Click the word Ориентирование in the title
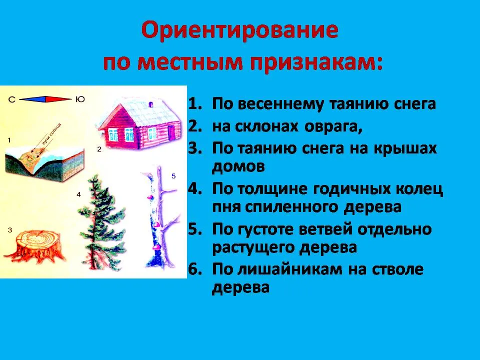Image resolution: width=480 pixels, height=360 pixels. pos(239,31)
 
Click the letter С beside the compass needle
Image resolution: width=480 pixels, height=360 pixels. pos(11,99)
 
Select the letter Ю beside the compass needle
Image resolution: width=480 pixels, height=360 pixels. pos(80,99)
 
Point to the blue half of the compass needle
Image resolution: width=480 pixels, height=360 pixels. pos(32,99)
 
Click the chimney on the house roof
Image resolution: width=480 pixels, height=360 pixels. pos(151,104)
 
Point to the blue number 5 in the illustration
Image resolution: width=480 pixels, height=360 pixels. pos(173,176)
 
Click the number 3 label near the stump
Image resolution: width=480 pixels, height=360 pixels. pos(10,229)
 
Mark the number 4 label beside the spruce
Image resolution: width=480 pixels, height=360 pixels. pos(78,194)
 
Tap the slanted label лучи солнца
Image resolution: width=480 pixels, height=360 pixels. pos(51,133)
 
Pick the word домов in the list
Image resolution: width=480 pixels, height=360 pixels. pos(238,166)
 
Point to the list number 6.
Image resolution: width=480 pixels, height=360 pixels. pos(195,269)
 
